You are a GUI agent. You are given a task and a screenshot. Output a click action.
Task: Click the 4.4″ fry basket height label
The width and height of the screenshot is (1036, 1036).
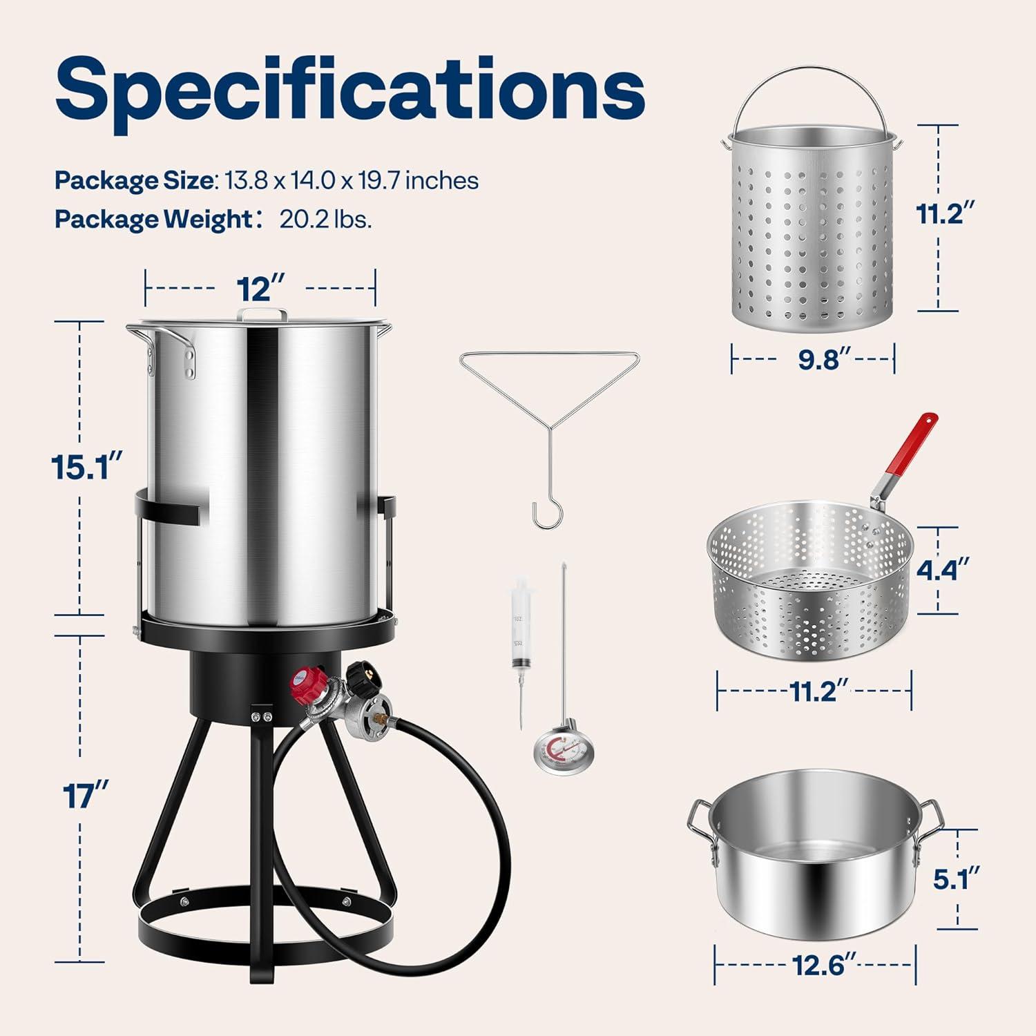[942, 570]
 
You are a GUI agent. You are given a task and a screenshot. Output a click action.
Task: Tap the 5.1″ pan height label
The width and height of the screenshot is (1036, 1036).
[957, 879]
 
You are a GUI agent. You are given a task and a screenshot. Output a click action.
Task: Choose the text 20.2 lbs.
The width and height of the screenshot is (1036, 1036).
[325, 219]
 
